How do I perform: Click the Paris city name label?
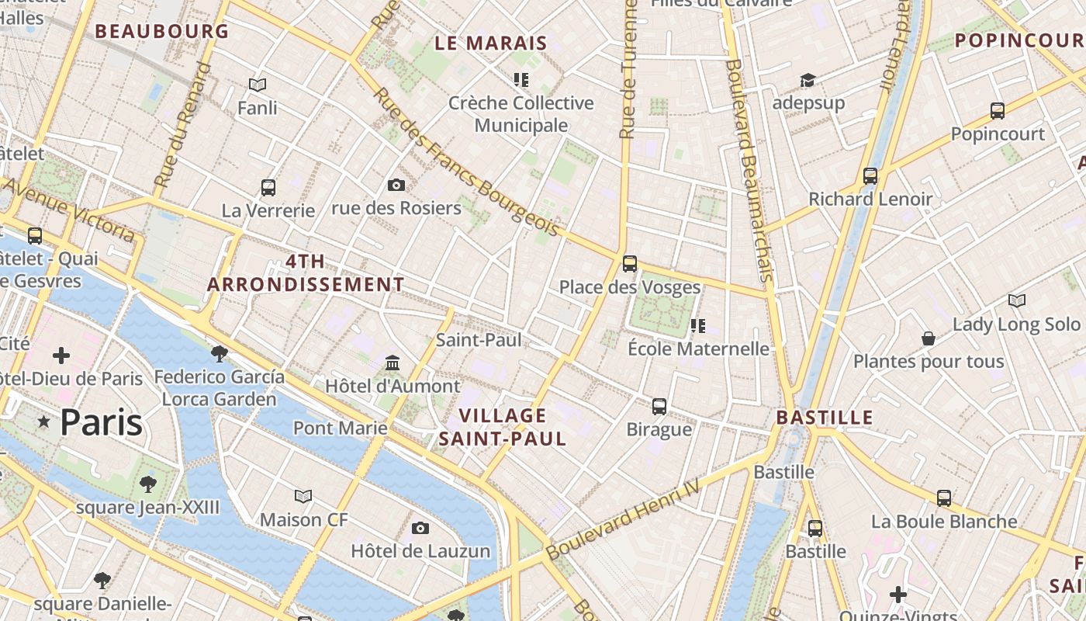coord(101,423)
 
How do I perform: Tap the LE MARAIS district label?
coord(491,43)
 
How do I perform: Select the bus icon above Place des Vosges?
coord(630,264)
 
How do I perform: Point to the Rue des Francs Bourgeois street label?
coord(466,161)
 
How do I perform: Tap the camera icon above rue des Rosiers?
coord(396,185)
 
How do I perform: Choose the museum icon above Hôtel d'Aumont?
coord(393,363)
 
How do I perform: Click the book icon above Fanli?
coord(258,85)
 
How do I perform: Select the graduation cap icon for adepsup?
coord(808,80)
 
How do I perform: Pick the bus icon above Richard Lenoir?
coord(870,176)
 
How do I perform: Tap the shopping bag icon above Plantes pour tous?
coord(928,338)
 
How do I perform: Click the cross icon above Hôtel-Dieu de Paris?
coord(61,356)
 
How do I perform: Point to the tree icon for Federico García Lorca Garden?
coord(220,354)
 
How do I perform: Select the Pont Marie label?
coord(340,428)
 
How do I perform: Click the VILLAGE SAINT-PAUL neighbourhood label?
coord(503,427)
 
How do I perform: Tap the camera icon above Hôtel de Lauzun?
coord(420,528)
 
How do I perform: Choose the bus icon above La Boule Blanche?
coord(944,498)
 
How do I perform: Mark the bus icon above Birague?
coord(659,406)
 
